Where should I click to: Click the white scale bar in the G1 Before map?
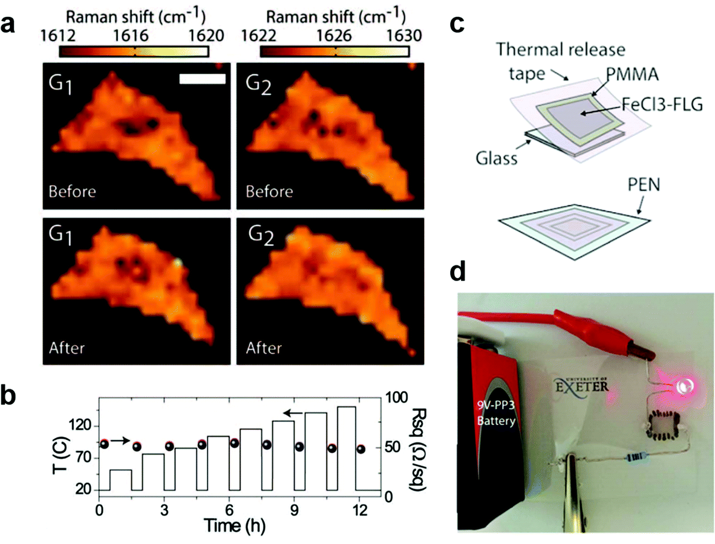tap(203, 79)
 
